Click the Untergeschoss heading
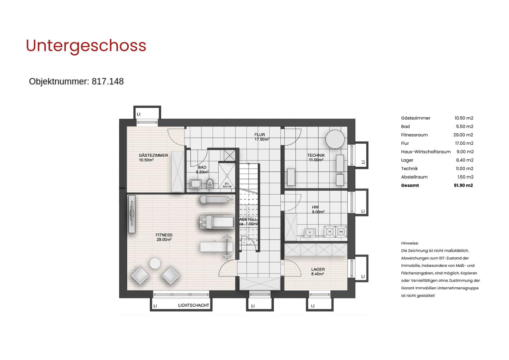(86, 46)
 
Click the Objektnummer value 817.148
(108, 81)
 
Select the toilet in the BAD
(210, 183)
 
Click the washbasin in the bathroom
(195, 183)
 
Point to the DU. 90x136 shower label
(227, 185)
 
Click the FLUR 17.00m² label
(261, 137)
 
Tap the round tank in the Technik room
(335, 139)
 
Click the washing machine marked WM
(341, 232)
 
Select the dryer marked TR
(330, 232)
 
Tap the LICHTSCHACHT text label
(193, 305)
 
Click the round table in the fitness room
(155, 264)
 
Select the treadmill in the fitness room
(217, 222)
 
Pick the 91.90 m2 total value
(463, 185)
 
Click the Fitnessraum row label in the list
(414, 135)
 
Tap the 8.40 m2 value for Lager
(465, 160)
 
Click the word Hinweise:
(410, 243)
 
